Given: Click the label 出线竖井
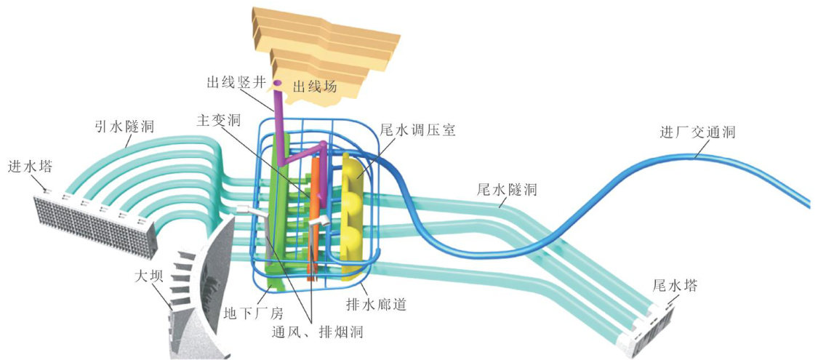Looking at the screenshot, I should click(233, 84).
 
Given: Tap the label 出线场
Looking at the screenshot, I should click(315, 87).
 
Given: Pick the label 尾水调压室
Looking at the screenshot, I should click(417, 132).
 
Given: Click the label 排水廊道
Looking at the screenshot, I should click(376, 304).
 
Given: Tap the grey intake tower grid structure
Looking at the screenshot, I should click(95, 222).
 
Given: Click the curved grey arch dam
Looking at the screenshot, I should click(196, 291).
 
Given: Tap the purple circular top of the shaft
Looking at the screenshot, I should click(276, 84).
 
